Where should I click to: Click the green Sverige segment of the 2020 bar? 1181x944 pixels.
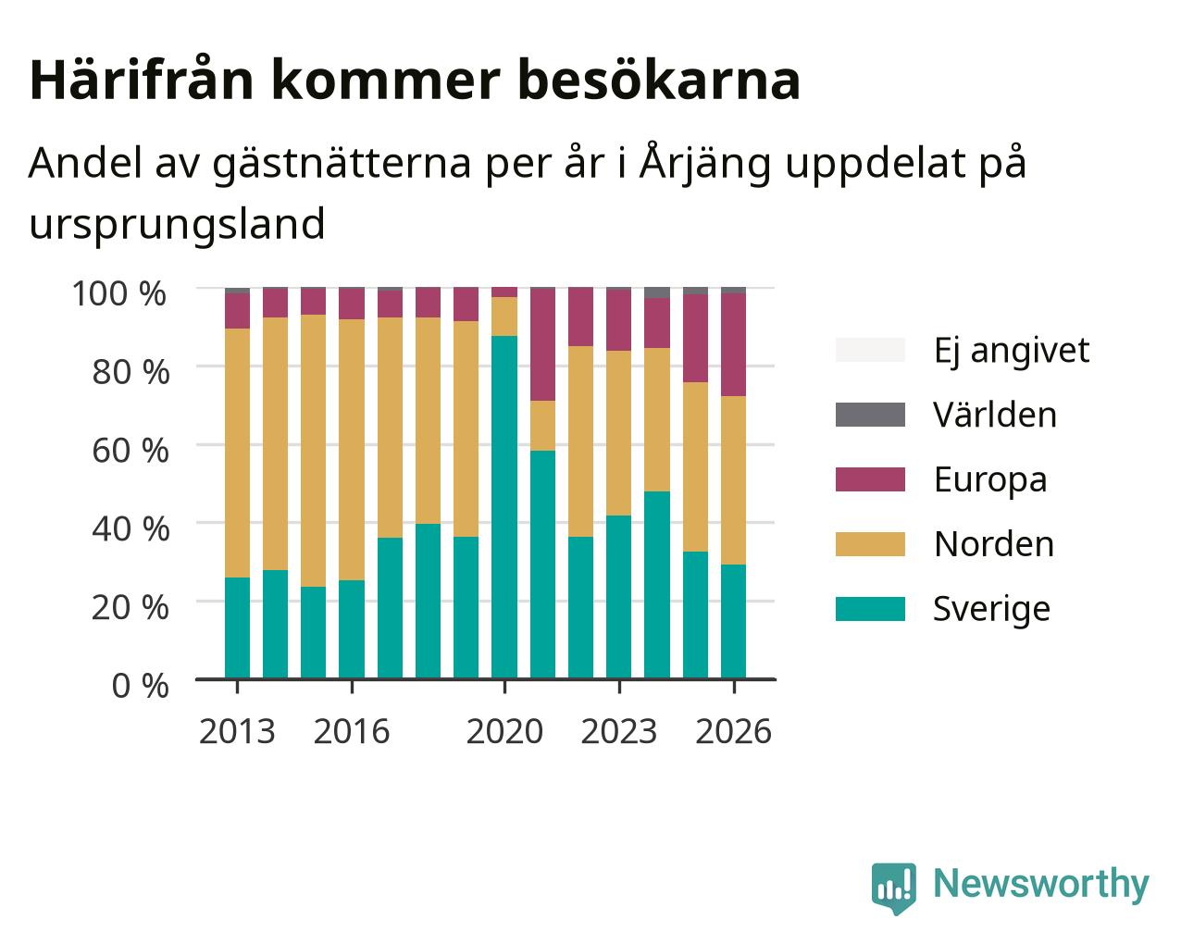pos(504,507)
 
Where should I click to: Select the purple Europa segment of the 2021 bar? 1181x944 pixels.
pos(542,344)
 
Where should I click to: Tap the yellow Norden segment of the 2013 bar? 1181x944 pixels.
pos(237,453)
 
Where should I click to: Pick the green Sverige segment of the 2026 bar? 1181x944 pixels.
pos(733,621)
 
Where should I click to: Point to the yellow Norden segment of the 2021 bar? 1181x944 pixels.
pos(542,426)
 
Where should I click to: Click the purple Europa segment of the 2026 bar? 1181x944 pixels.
pos(733,344)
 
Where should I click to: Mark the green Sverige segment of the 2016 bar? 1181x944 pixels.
pos(351,629)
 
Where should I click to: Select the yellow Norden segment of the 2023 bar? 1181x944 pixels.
pos(618,433)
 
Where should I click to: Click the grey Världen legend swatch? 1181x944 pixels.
pos(870,415)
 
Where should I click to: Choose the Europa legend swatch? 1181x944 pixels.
pos(870,479)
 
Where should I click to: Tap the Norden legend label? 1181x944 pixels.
pos(994,544)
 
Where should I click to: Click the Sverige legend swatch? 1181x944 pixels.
pos(870,609)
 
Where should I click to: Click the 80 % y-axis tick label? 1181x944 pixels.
pos(131,372)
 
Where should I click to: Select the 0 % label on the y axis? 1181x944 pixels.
pos(140,686)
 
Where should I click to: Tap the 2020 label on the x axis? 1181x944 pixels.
pos(504,731)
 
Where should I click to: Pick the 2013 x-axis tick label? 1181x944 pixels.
pos(237,731)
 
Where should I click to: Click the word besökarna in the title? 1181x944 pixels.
pos(658,80)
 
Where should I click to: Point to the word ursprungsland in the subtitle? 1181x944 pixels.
pos(177,225)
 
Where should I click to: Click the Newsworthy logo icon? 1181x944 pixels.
pos(893,888)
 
